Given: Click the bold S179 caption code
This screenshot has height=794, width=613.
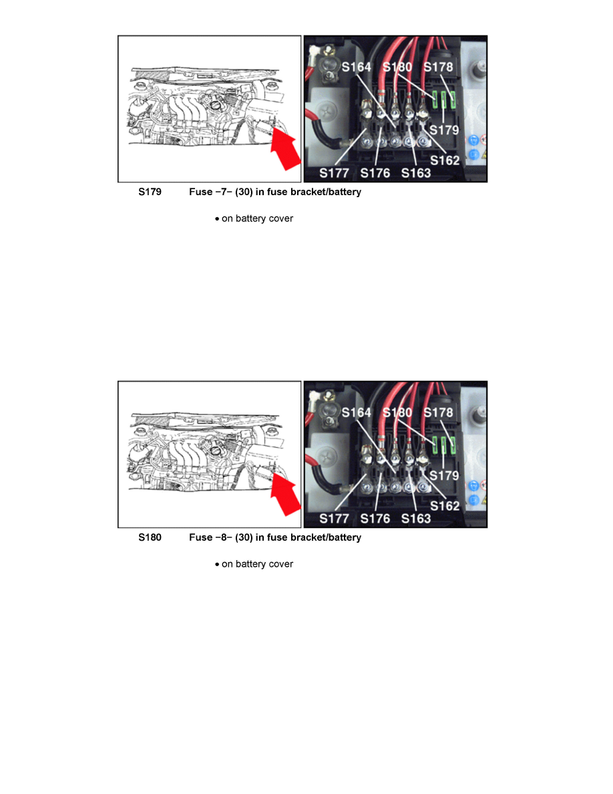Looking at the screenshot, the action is (150, 192).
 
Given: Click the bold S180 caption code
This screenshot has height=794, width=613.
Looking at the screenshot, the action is (150, 537).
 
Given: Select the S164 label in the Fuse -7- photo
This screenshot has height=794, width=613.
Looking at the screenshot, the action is (357, 67).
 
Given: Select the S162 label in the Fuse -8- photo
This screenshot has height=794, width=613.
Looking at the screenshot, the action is (445, 506).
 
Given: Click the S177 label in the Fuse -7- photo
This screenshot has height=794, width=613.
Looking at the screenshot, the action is (334, 173).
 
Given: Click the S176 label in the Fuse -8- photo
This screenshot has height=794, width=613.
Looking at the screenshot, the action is (375, 519).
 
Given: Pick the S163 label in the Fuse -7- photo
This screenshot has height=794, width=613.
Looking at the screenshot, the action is (416, 173).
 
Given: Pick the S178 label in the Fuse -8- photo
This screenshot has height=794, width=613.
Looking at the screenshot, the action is (438, 412).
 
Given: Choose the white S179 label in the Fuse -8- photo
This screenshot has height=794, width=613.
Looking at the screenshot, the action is (444, 475).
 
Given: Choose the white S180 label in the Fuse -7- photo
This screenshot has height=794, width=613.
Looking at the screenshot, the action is (397, 67).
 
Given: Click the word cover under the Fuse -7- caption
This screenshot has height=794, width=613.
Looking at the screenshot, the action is (281, 219).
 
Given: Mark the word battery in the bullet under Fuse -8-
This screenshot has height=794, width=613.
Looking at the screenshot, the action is (251, 564).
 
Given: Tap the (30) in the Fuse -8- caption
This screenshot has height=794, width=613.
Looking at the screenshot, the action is (244, 537).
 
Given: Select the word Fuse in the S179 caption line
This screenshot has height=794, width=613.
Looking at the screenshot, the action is (201, 192).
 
